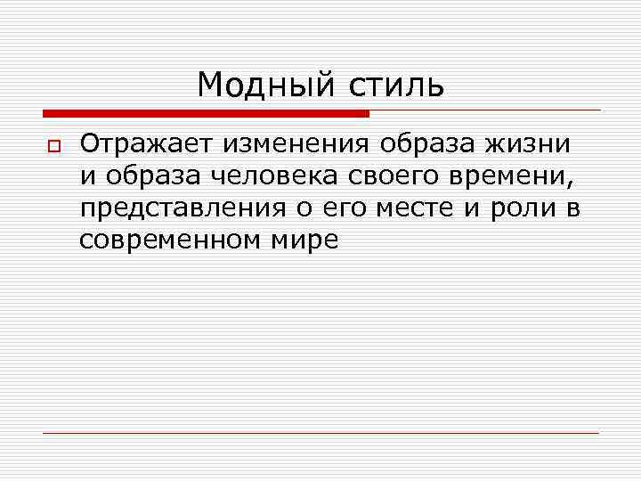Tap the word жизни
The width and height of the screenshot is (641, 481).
531,144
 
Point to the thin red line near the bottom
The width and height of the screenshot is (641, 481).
320,433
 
